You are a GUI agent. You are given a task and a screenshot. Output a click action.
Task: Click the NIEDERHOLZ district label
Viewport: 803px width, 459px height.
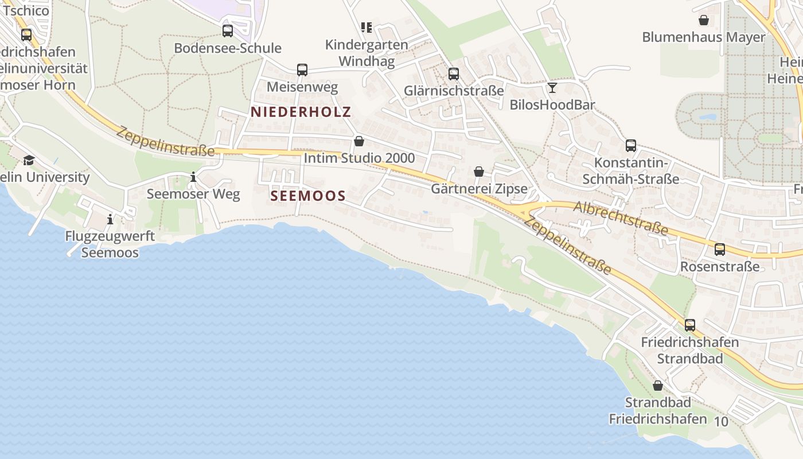click(x=301, y=112)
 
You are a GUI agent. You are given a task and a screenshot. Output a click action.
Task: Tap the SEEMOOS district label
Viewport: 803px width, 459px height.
click(x=308, y=196)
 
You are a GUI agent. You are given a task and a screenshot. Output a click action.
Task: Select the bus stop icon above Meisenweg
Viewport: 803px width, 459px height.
click(x=302, y=70)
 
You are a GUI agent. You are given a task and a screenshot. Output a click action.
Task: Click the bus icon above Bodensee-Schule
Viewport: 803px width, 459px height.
click(x=228, y=31)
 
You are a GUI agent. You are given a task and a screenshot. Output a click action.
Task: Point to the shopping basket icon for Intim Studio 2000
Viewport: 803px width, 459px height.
click(x=359, y=141)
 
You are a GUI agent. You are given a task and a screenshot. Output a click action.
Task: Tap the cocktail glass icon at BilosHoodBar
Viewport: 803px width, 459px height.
click(x=552, y=88)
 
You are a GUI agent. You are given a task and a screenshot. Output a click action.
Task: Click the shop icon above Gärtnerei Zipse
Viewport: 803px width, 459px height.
click(x=479, y=172)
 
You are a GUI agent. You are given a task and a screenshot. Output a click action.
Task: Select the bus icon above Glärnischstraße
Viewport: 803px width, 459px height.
click(x=454, y=74)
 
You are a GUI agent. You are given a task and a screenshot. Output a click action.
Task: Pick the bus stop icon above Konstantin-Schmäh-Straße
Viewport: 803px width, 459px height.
click(x=631, y=146)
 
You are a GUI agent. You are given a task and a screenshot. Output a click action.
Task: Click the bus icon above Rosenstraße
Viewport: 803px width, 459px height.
click(x=720, y=250)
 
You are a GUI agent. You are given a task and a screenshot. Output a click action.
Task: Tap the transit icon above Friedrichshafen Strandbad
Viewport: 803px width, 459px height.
click(x=690, y=325)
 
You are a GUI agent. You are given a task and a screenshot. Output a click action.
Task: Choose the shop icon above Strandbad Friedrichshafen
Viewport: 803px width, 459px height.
click(x=658, y=386)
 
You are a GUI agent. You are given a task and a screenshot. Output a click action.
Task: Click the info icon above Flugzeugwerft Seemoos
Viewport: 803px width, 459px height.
click(x=110, y=219)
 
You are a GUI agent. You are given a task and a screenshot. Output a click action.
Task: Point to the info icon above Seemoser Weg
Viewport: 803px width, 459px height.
click(x=193, y=177)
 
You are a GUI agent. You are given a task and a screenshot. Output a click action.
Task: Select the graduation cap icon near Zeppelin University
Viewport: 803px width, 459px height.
click(x=29, y=160)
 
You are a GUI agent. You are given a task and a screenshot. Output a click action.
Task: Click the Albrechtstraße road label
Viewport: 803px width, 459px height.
click(x=621, y=218)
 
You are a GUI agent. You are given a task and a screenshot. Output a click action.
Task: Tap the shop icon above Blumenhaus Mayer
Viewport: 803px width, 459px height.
click(x=704, y=21)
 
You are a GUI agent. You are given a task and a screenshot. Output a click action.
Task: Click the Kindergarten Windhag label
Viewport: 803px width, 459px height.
click(x=367, y=53)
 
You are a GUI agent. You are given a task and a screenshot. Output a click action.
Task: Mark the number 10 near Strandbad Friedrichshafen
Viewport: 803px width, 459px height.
click(x=721, y=422)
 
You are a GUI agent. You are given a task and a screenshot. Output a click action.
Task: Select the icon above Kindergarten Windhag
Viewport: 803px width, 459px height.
click(x=367, y=27)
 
